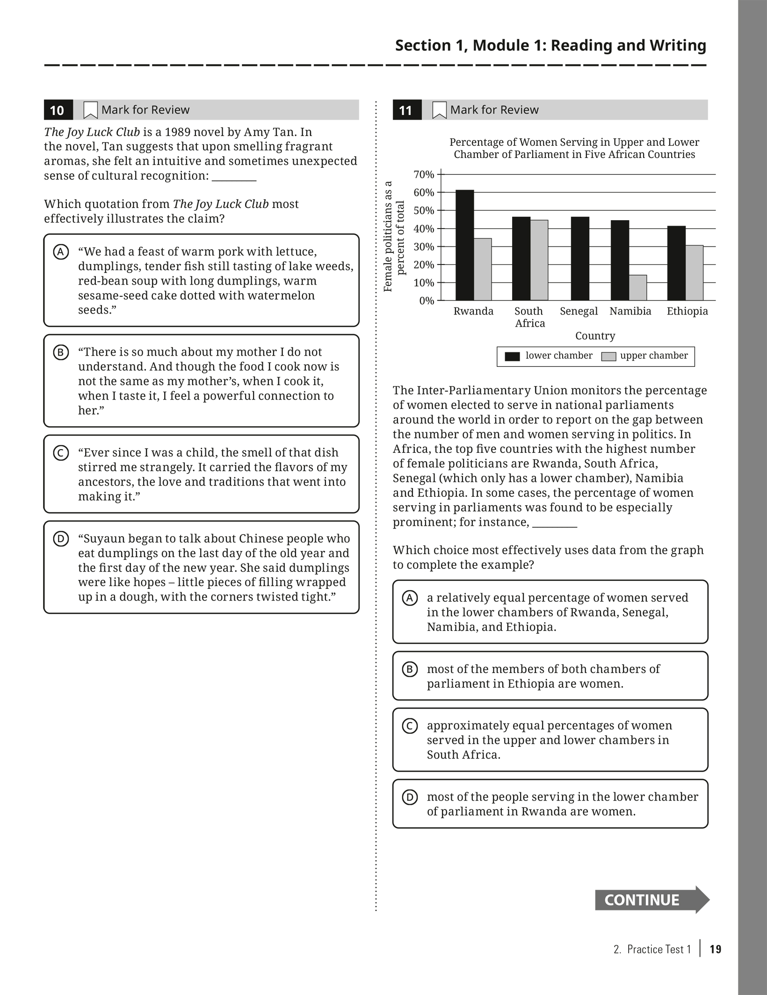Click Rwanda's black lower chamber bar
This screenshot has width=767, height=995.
(464, 245)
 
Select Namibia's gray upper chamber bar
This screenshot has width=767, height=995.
(638, 287)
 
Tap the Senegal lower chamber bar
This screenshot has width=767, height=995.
(580, 258)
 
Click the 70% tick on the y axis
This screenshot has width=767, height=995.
(424, 174)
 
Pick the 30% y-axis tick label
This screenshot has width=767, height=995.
(424, 247)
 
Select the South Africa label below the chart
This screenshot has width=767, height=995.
(529, 317)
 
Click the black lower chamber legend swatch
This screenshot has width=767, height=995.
(512, 356)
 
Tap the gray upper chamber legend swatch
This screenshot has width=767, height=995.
(608, 356)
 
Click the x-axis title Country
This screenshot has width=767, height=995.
(595, 336)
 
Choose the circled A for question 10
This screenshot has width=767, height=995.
(61, 252)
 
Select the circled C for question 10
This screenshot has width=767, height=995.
(61, 453)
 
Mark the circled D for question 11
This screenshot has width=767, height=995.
(410, 797)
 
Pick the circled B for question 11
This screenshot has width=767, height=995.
(410, 669)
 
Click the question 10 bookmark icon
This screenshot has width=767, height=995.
(90, 110)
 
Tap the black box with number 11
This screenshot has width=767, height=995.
(406, 110)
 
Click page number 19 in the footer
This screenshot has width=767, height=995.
(716, 949)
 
